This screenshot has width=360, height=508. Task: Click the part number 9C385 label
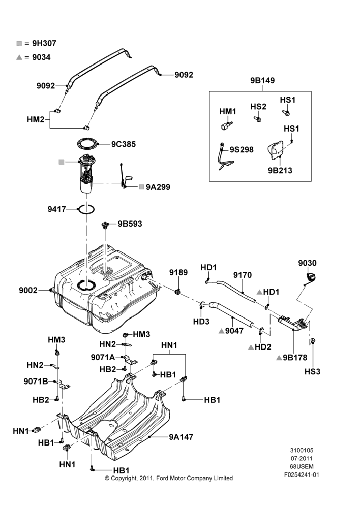124,144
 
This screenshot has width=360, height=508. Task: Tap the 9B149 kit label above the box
262,81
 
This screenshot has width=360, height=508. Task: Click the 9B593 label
130,224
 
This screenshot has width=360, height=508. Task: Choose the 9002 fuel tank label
28,290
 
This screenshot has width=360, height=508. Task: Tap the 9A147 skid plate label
181,437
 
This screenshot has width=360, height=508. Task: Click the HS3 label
312,372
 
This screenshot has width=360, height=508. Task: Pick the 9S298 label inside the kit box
242,150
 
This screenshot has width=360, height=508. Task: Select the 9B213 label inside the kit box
280,170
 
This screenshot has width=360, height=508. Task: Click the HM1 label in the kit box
228,111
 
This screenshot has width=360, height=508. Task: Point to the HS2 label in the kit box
258,107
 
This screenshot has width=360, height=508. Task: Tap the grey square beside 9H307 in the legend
19,43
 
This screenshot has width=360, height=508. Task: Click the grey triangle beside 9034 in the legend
19,57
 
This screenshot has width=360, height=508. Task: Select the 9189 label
178,273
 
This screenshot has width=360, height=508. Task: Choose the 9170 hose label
243,275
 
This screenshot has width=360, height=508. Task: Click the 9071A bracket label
103,357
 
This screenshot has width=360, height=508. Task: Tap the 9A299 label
158,187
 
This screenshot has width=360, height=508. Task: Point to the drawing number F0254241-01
302,475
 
